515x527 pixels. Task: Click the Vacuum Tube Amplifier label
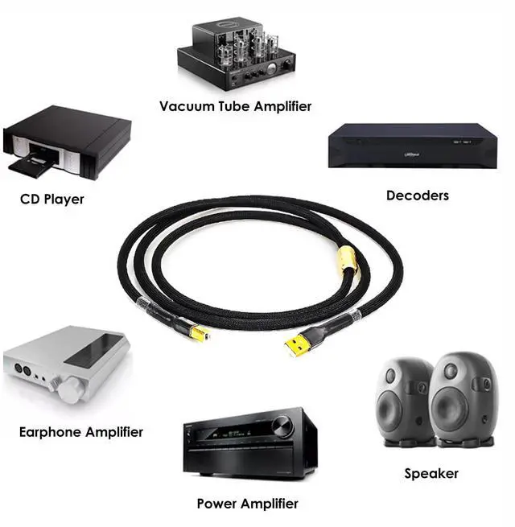(x=235, y=106)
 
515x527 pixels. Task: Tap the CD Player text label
(x=51, y=199)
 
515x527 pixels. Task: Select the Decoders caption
(x=417, y=195)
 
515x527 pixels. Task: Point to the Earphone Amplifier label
(x=80, y=432)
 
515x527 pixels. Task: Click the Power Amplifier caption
(x=247, y=504)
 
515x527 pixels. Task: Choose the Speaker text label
(x=431, y=474)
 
